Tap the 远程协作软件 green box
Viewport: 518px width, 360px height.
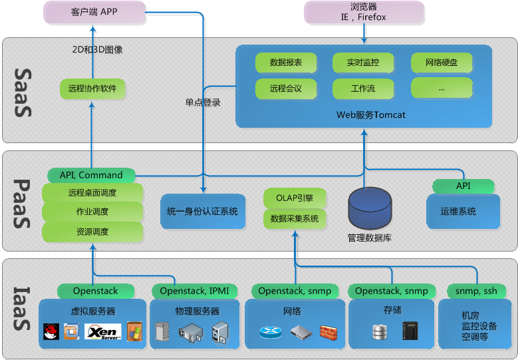(92, 88)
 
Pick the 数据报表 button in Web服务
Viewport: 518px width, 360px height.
(286, 63)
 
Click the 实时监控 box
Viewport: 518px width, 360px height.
(363, 63)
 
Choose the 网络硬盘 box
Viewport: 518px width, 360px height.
(442, 63)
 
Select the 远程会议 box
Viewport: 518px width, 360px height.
(286, 88)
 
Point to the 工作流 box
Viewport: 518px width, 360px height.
(363, 88)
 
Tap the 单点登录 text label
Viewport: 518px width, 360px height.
(203, 103)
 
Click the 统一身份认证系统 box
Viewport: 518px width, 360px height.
(202, 212)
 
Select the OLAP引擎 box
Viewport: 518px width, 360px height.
(294, 198)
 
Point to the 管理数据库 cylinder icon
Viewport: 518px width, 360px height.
(370, 208)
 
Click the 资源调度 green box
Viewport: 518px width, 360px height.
(92, 232)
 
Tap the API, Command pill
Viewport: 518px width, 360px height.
(91, 175)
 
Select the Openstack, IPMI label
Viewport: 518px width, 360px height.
(194, 291)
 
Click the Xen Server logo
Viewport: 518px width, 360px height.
(102, 331)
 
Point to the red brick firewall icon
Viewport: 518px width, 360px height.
(328, 331)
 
